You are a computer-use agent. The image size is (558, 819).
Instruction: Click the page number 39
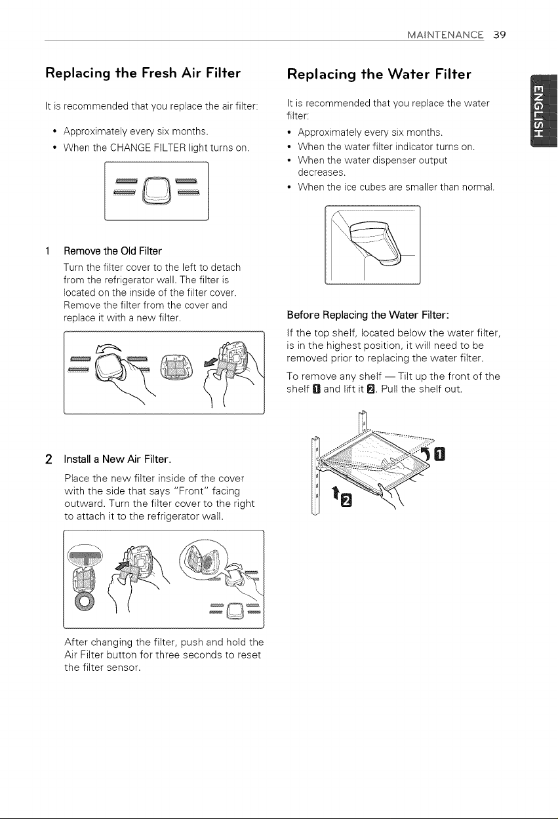[500, 35]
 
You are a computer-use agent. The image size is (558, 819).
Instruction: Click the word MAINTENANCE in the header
[445, 35]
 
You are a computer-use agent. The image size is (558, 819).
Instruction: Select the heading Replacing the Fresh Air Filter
[143, 73]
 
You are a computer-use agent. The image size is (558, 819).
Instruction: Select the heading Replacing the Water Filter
[379, 74]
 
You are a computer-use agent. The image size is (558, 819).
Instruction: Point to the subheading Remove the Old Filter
[113, 251]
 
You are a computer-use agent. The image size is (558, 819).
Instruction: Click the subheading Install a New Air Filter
[118, 459]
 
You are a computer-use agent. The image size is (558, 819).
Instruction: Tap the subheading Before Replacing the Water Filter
[368, 315]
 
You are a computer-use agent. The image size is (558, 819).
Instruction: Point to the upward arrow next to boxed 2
[335, 493]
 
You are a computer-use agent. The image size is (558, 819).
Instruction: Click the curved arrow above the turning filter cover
[109, 349]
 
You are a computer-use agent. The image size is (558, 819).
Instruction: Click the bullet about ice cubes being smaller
[396, 187]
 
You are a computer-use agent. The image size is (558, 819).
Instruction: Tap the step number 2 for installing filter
[49, 460]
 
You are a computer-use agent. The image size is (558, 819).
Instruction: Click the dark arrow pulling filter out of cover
[210, 362]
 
